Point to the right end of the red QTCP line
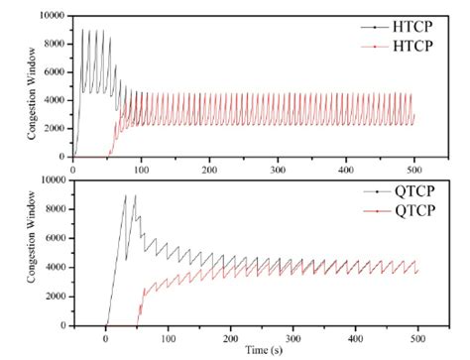coord(417,271)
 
